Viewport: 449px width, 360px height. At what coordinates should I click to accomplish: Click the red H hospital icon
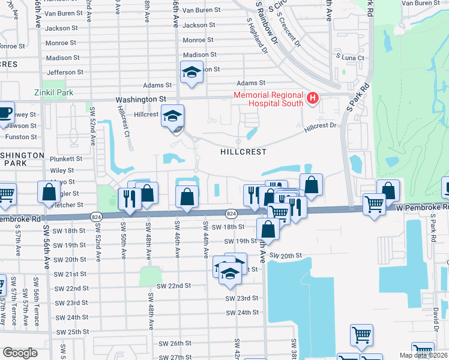point(312,98)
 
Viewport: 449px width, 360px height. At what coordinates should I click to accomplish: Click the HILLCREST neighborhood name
point(243,152)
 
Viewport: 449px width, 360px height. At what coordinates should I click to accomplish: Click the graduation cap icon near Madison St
point(191,73)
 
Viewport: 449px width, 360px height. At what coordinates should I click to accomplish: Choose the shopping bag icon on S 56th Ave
point(49,192)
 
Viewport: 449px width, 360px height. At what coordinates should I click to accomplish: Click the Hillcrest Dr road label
point(321,127)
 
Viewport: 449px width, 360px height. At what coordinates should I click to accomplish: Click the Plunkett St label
point(67,159)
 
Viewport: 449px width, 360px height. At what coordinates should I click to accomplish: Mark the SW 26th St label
point(175,343)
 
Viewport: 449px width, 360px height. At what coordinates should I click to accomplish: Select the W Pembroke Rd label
point(421,207)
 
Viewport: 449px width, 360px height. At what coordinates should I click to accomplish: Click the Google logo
point(20,353)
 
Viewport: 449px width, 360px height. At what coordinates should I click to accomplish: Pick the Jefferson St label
point(65,72)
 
